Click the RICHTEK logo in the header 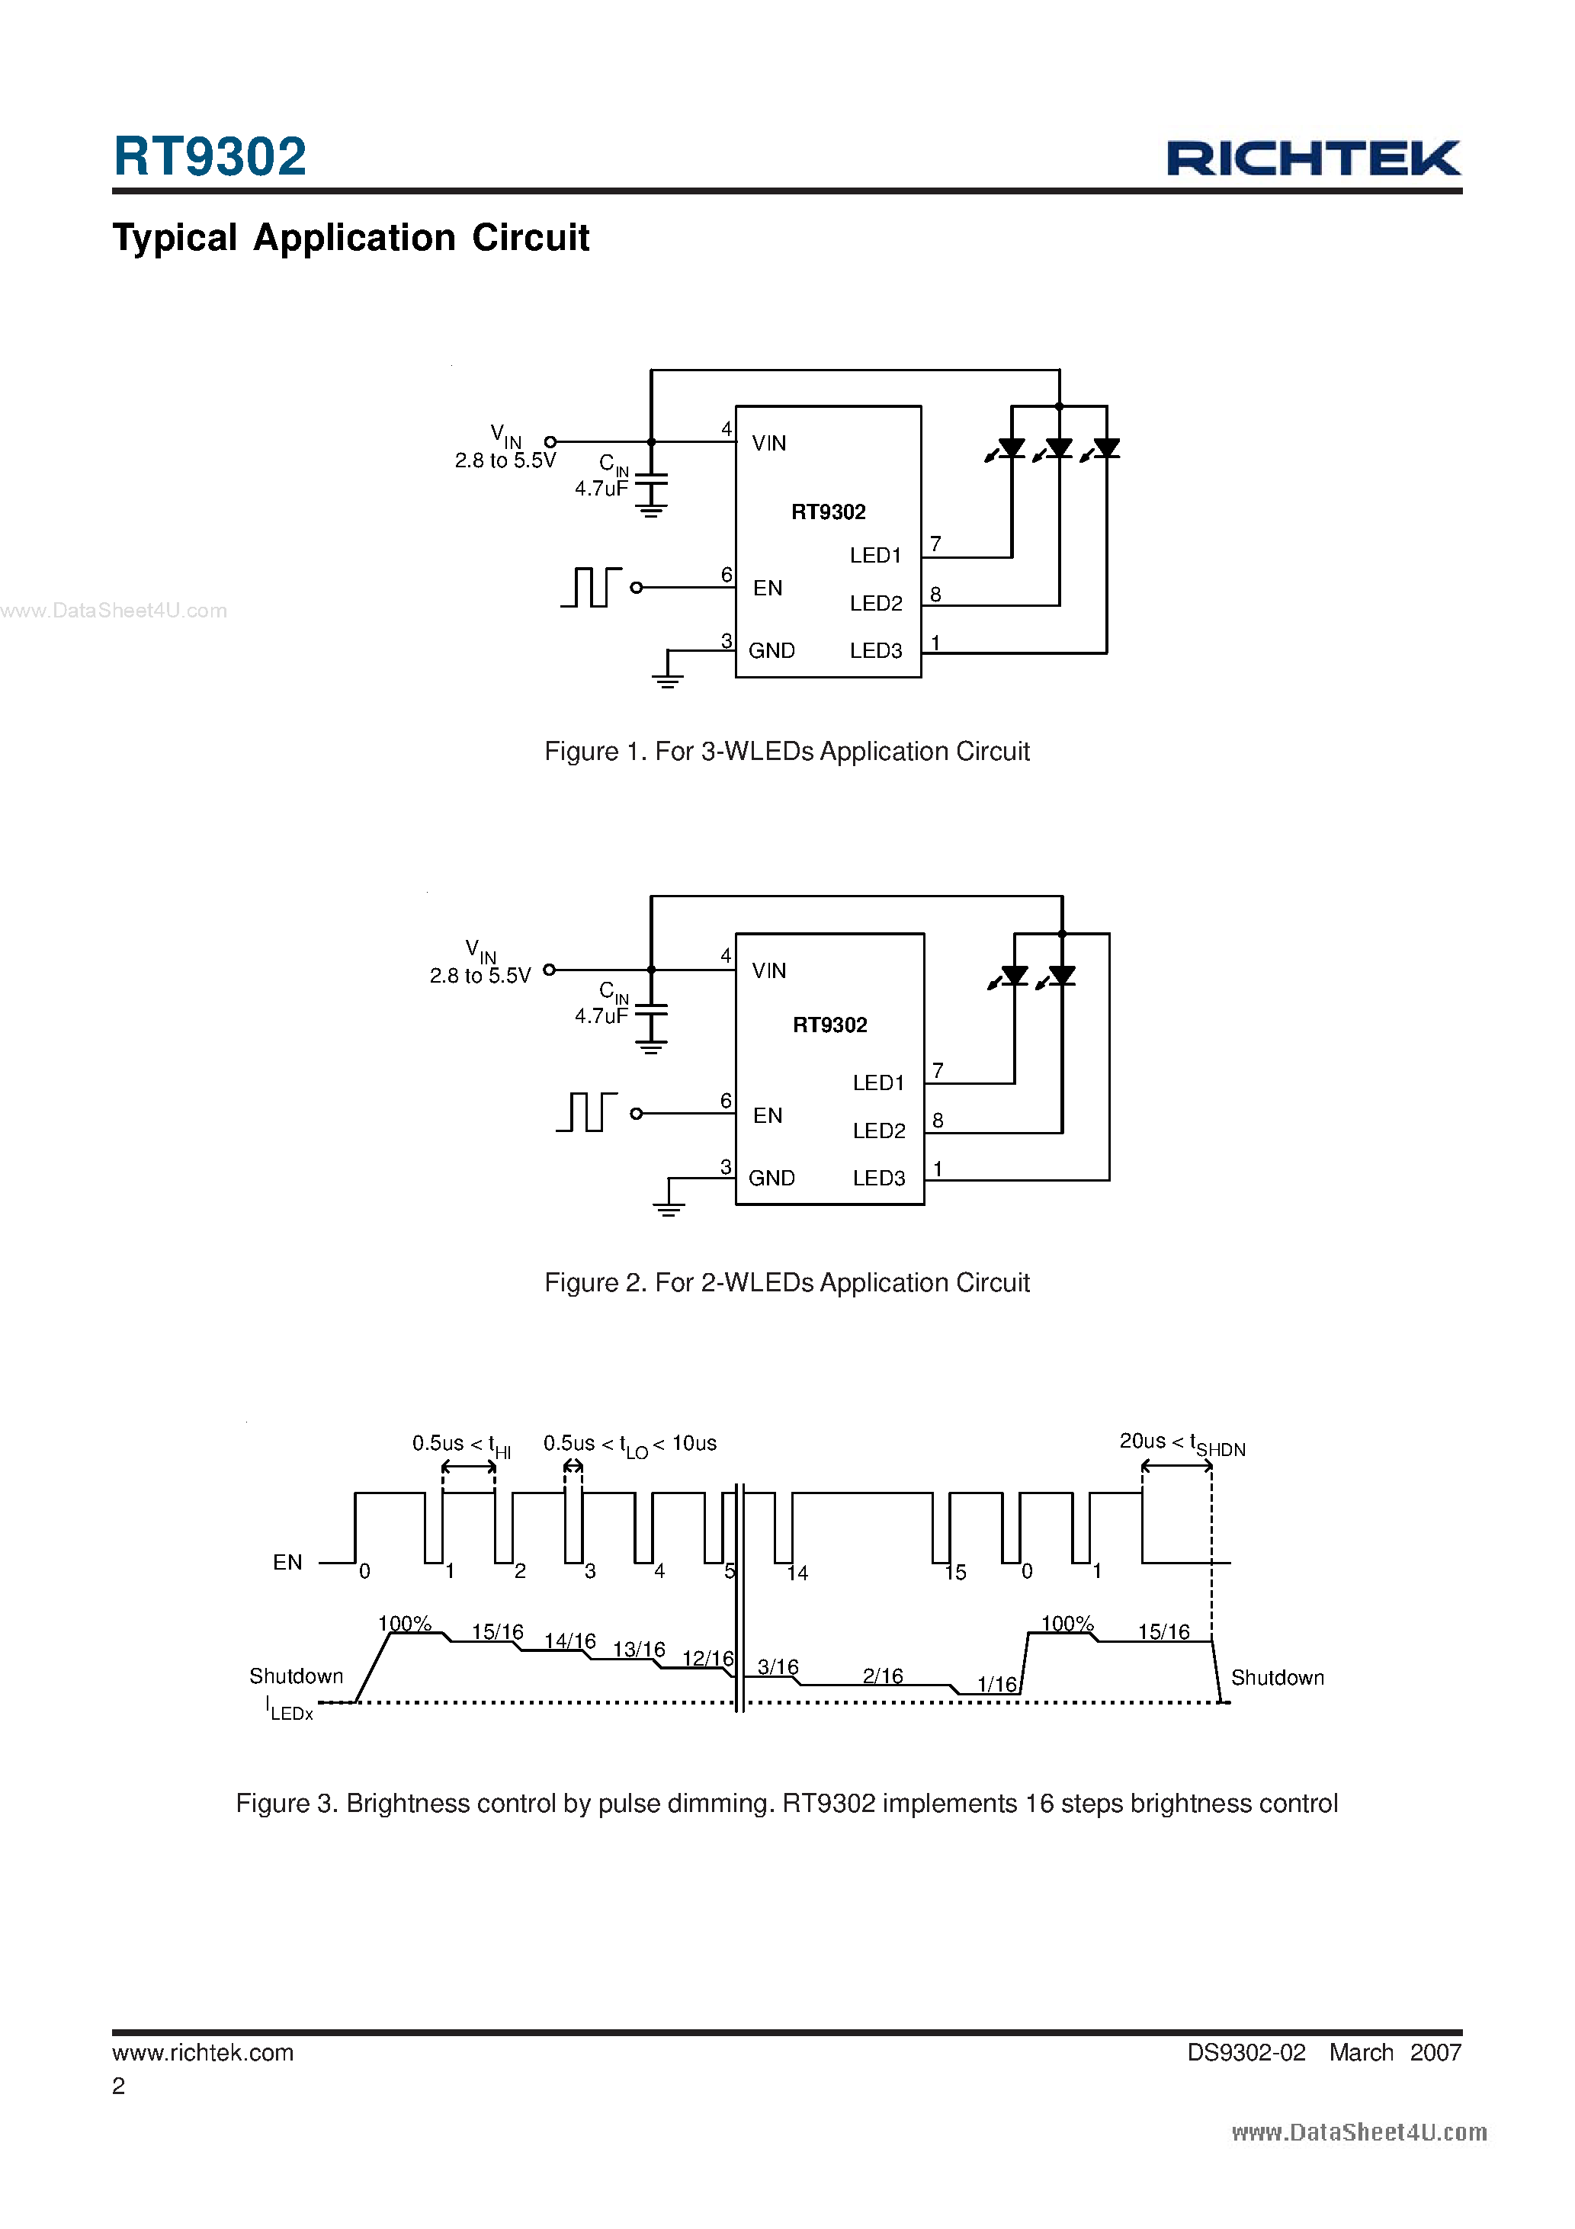pyautogui.click(x=1313, y=159)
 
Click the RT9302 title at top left pyautogui.click(x=210, y=156)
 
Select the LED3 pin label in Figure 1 pyautogui.click(x=876, y=650)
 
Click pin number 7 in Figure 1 pyautogui.click(x=935, y=544)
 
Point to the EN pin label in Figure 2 pyautogui.click(x=767, y=1115)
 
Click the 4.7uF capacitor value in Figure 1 pyautogui.click(x=601, y=489)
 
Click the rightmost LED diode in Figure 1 pyautogui.click(x=1106, y=448)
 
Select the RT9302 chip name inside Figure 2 pyautogui.click(x=829, y=1025)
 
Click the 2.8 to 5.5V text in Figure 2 pyautogui.click(x=480, y=976)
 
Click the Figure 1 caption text pyautogui.click(x=787, y=752)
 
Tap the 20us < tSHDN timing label pyautogui.click(x=1181, y=1444)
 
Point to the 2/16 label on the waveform pyautogui.click(x=882, y=1676)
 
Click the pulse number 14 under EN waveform pyautogui.click(x=797, y=1573)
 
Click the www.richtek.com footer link pyautogui.click(x=203, y=2052)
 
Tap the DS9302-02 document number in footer pyautogui.click(x=1246, y=2052)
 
